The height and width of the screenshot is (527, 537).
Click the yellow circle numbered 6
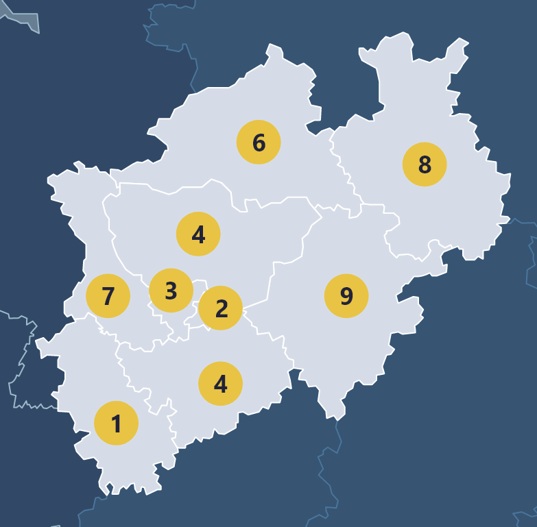click(x=259, y=143)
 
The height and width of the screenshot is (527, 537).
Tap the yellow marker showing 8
click(x=425, y=164)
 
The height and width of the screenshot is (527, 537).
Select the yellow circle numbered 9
click(x=346, y=296)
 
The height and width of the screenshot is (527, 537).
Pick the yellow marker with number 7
click(x=108, y=296)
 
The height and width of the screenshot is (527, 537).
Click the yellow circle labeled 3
click(x=171, y=291)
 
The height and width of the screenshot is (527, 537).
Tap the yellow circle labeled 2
click(x=221, y=308)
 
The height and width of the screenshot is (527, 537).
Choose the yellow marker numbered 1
click(x=116, y=424)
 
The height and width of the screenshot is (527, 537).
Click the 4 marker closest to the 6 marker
click(x=198, y=234)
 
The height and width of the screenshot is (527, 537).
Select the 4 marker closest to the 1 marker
click(x=220, y=384)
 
